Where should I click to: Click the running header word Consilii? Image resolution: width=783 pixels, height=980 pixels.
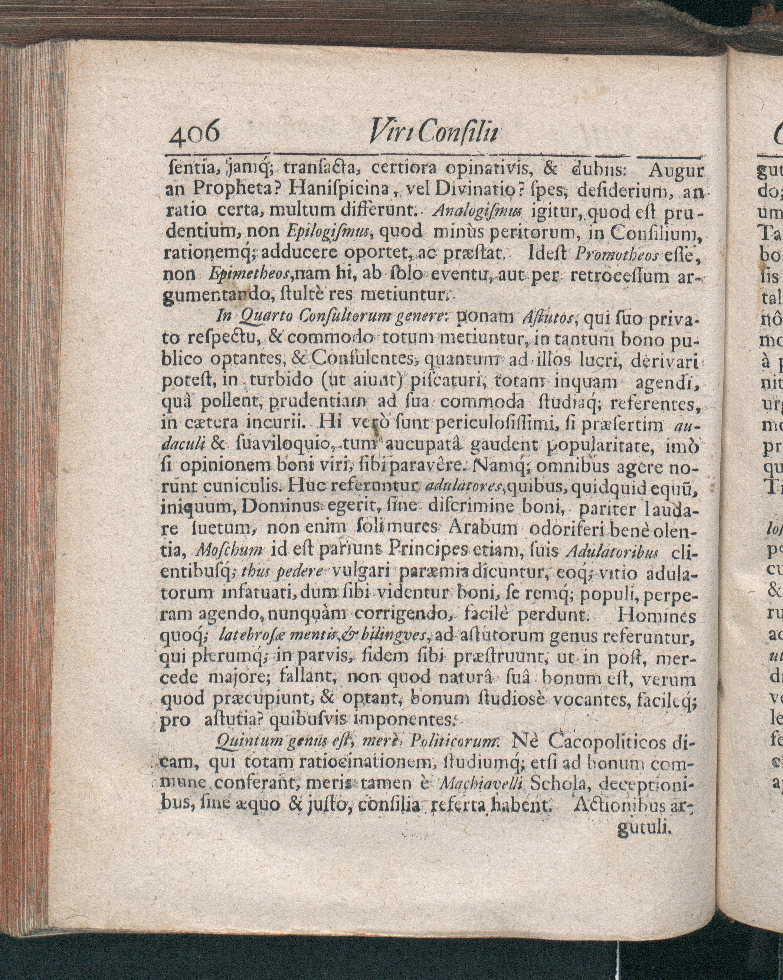[x=459, y=132]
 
